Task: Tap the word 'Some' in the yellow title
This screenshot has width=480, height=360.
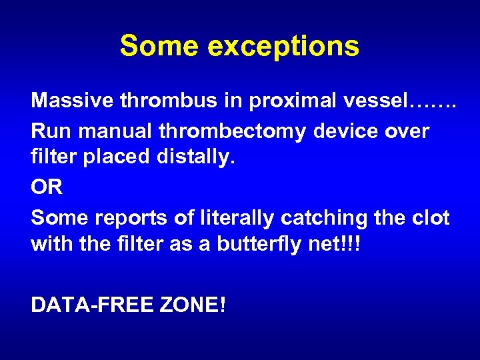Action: [x=159, y=47]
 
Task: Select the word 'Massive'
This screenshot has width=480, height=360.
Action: [x=71, y=101]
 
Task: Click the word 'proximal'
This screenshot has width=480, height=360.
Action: [x=283, y=102]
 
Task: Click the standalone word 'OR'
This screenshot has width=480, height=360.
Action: [x=47, y=187]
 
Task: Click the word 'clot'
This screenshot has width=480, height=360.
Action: [x=431, y=217]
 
